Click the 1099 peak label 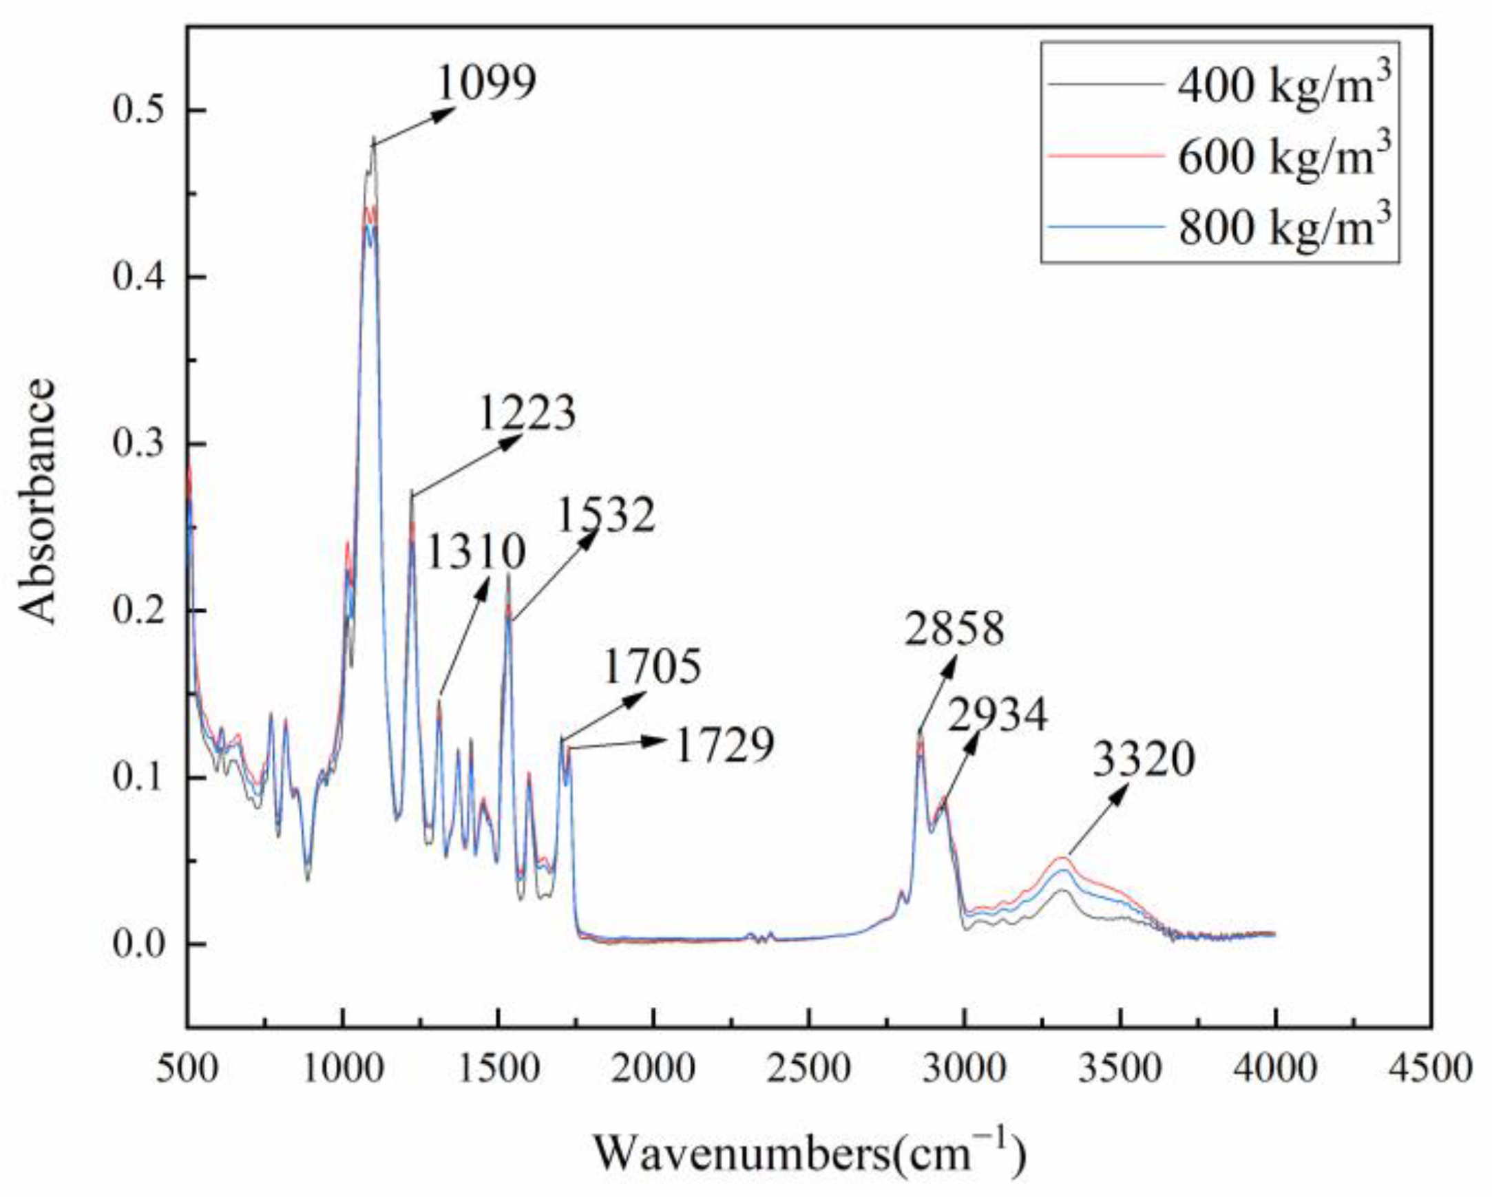(487, 83)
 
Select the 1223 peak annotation (527, 414)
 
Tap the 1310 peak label (476, 552)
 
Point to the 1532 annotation (605, 516)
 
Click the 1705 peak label (652, 666)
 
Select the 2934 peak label (997, 716)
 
